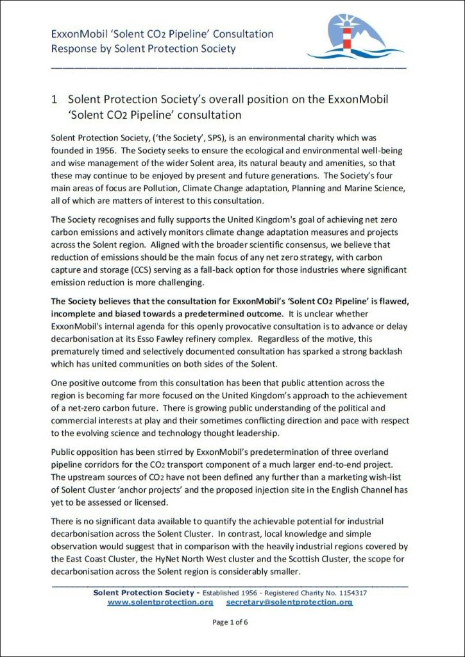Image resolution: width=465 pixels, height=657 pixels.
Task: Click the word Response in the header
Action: click(74, 48)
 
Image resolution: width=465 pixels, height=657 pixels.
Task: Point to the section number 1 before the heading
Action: click(55, 100)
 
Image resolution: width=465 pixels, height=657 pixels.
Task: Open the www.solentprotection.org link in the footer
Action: click(160, 602)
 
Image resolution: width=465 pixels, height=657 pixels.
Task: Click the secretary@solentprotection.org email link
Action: click(289, 602)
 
